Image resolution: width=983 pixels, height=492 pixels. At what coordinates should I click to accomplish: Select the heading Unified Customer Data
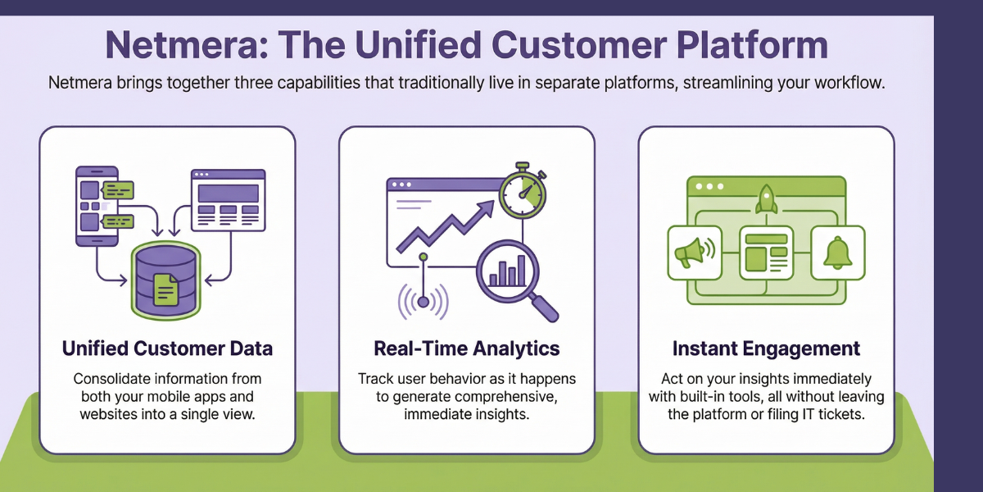click(x=167, y=348)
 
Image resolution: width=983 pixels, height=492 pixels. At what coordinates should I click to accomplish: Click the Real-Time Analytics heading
click(x=466, y=348)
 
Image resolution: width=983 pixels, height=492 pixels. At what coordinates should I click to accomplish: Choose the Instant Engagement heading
click(x=766, y=348)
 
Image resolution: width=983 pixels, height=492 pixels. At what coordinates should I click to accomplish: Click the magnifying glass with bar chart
click(x=511, y=276)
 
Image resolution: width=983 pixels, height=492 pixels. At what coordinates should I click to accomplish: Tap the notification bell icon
click(x=837, y=253)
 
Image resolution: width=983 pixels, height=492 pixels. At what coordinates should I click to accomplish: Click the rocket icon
click(x=766, y=199)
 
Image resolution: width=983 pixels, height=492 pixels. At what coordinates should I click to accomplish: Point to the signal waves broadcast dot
click(x=424, y=301)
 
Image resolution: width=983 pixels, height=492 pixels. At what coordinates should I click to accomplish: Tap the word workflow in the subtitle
click(x=854, y=84)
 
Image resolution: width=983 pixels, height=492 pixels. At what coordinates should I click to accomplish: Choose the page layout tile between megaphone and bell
click(x=766, y=253)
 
